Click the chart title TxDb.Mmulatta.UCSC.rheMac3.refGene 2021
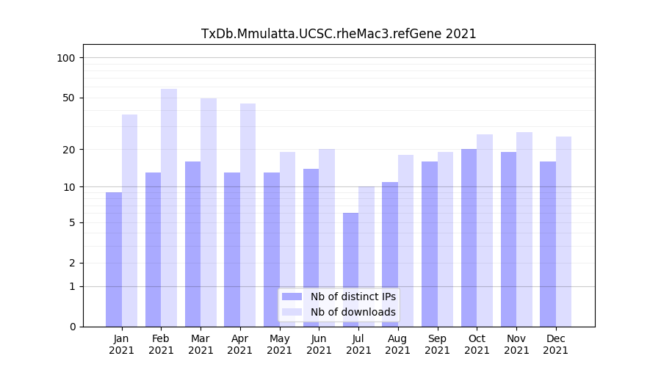[x=339, y=34]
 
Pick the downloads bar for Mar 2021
[x=209, y=212]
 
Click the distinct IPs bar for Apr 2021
[x=232, y=250]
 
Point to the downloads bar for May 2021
[x=288, y=239]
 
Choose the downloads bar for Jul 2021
[x=366, y=256]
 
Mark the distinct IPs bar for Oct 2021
[x=469, y=238]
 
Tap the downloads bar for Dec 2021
[x=563, y=231]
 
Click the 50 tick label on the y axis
[x=68, y=98]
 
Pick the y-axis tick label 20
[x=68, y=150]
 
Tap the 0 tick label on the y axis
[x=71, y=327]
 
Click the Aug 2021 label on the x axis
[x=398, y=344]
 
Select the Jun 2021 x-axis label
[x=319, y=344]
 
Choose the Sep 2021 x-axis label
[x=437, y=344]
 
